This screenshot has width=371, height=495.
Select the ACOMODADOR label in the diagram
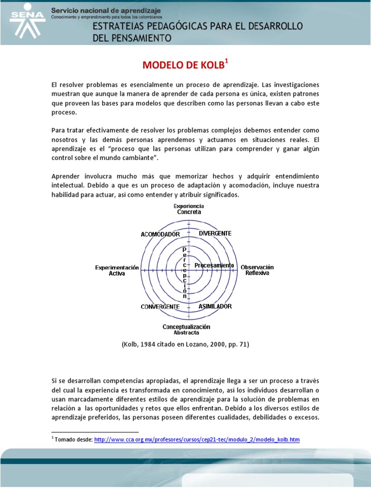coord(160,234)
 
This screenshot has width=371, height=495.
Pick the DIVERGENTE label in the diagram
coord(215,233)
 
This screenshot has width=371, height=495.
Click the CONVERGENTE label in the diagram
coord(160,306)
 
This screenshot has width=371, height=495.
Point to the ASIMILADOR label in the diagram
coord(215,306)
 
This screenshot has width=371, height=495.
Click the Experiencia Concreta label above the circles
coord(188,209)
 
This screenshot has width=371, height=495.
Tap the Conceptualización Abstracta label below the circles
coord(186,329)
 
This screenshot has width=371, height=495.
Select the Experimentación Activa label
coord(117,270)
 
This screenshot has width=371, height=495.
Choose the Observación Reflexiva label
coord(257,270)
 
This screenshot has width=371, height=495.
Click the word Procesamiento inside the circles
coord(214,265)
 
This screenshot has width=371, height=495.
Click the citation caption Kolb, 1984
coord(185,344)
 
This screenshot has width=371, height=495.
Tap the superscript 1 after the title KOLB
coord(227,60)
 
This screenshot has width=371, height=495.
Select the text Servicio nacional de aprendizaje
coord(106,11)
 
